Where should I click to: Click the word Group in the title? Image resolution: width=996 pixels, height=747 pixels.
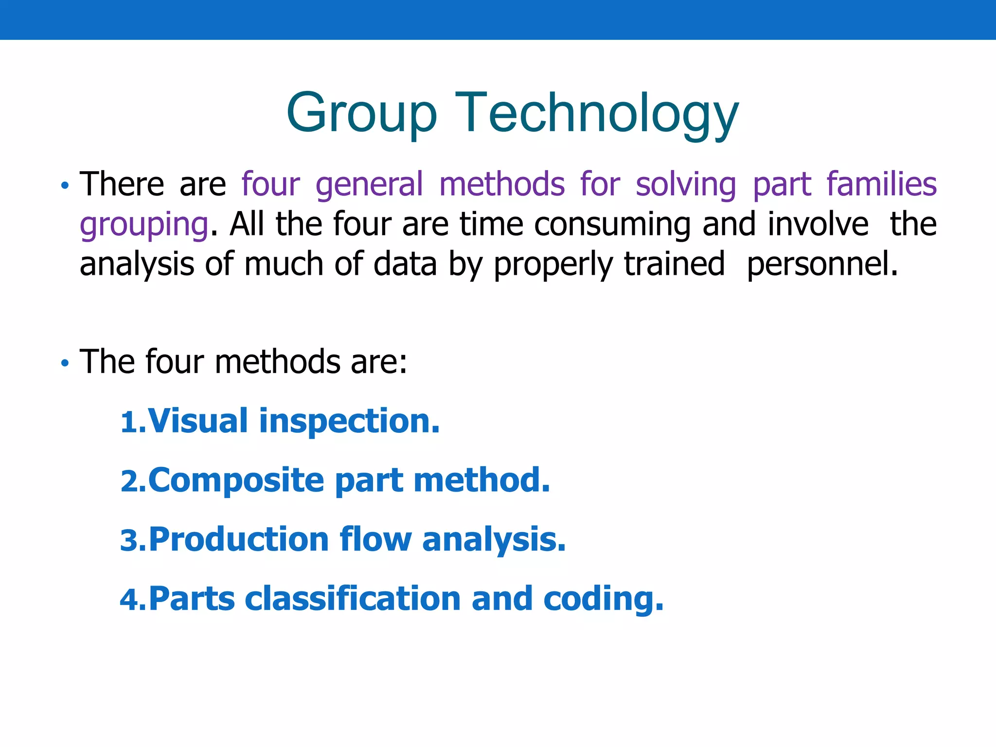pos(362,113)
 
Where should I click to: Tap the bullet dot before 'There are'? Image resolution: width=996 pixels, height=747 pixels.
pos(65,185)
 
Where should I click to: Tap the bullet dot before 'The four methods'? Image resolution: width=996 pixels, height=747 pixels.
pos(65,363)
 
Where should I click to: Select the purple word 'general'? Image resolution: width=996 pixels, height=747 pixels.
pos(370,184)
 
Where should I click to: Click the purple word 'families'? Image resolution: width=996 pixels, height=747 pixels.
pos(881,184)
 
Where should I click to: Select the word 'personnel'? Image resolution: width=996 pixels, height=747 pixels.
pos(821,264)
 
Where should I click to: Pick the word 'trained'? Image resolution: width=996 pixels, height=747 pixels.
pos(674,264)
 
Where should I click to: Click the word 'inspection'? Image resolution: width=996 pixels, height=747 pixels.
pos(348,421)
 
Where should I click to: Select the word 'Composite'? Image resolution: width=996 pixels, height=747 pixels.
pos(236,481)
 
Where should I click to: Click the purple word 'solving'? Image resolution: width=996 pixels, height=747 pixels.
pos(686,185)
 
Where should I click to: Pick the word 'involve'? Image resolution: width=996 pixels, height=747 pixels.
pos(818,224)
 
